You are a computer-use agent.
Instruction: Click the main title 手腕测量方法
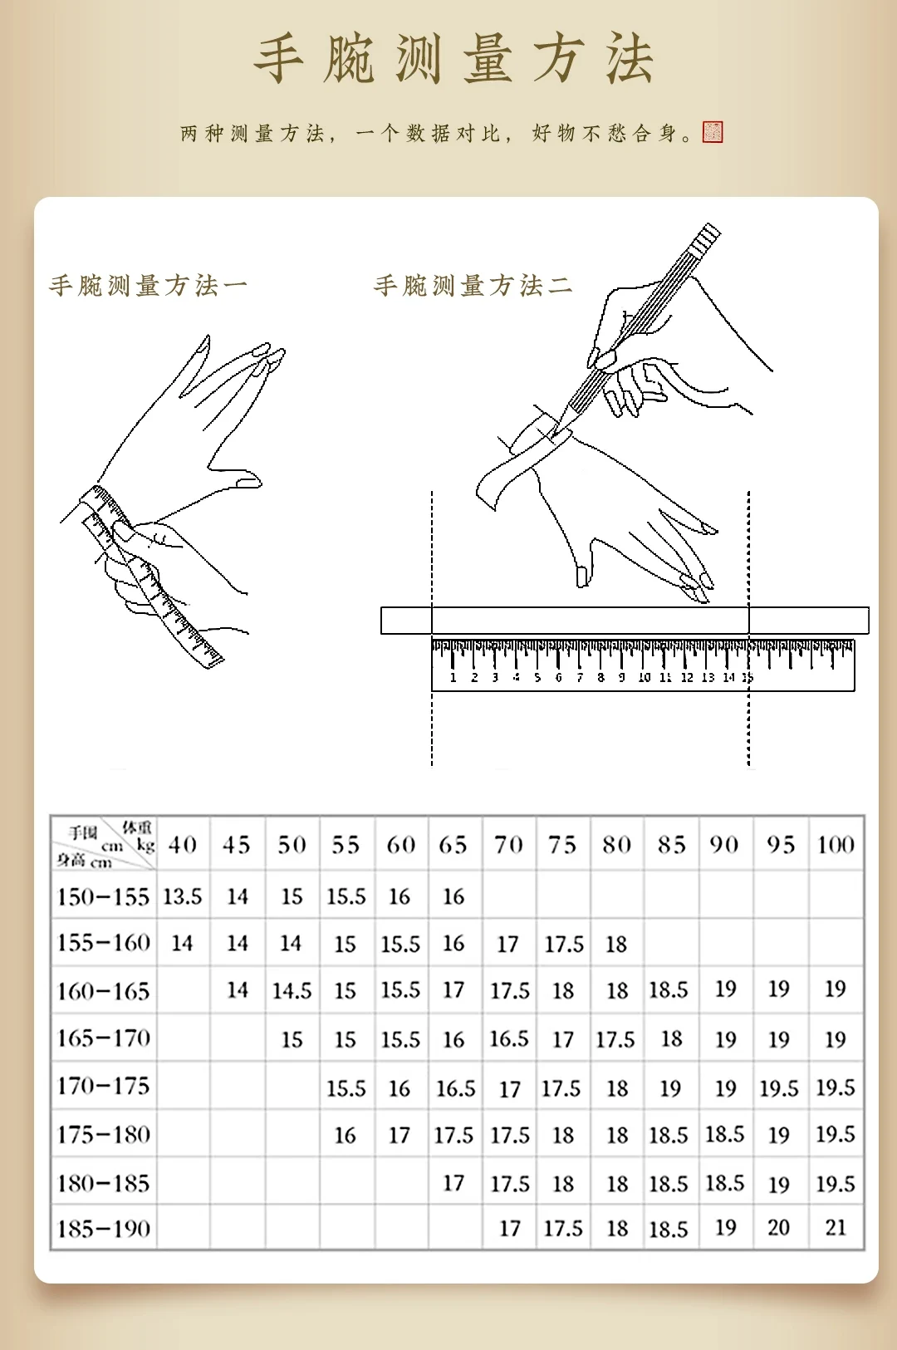453,60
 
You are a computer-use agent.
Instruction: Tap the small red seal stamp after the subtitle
713,132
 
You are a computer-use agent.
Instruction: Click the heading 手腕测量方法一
148,286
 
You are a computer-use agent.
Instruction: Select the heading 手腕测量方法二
473,286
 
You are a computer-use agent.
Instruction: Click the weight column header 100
836,845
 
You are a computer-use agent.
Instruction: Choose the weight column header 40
183,845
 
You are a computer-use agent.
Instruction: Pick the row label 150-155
103,896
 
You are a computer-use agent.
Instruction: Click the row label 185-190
103,1229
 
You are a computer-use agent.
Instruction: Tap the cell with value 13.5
183,896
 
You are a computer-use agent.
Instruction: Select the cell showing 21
836,1228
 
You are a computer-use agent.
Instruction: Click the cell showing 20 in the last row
779,1228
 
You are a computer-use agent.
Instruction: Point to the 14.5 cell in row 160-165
292,990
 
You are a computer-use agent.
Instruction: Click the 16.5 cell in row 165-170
509,1038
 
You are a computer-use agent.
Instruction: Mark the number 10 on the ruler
644,678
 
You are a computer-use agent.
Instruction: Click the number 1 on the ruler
453,678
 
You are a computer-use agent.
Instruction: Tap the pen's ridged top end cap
706,237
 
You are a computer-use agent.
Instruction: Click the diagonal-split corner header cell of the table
104,844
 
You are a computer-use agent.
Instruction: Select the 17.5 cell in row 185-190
563,1228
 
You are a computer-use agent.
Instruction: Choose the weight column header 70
508,845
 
